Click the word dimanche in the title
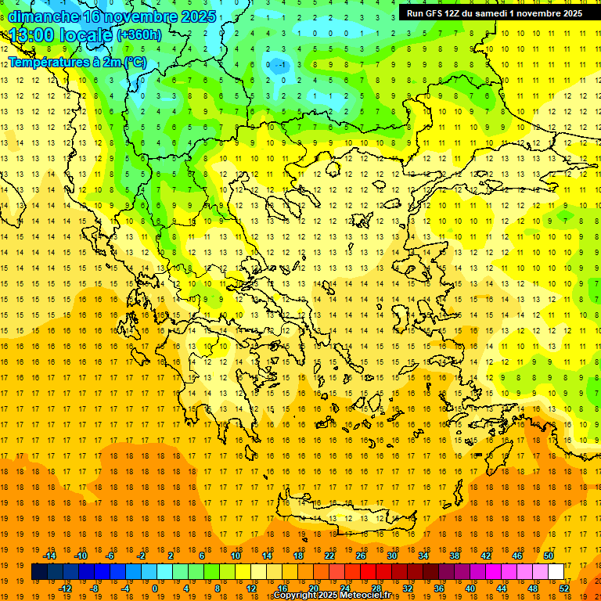tap(43, 16)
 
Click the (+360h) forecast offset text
tap(139, 35)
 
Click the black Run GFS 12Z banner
tap(494, 13)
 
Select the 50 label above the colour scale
tap(549, 555)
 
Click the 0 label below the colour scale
tap(155, 588)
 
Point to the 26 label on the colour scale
tap(361, 555)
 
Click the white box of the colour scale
tap(556, 571)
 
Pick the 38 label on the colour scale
tap(455, 555)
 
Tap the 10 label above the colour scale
tap(236, 555)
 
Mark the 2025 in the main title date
tap(193, 16)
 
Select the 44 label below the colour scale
tap(502, 588)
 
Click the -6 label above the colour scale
tap(111, 555)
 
